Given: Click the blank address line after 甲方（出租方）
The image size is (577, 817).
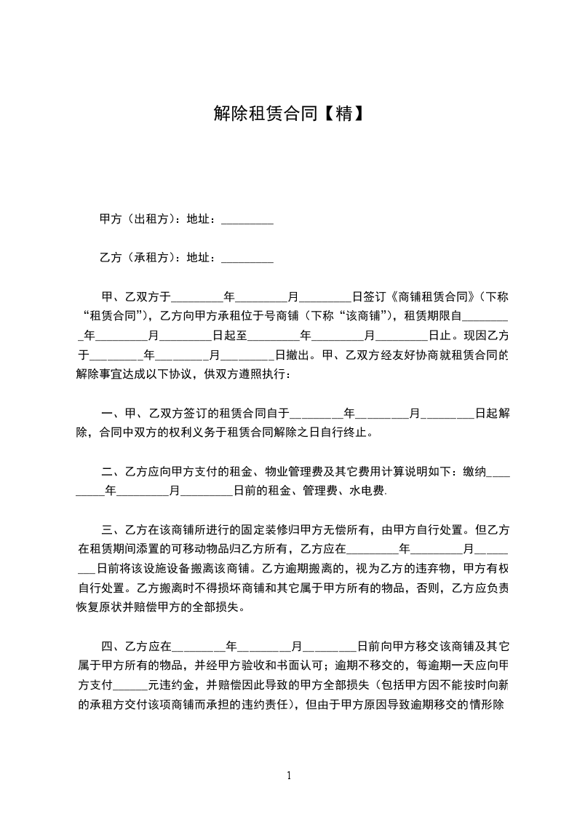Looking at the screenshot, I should point(247,219).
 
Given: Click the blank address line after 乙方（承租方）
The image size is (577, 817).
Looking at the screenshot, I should point(247,257).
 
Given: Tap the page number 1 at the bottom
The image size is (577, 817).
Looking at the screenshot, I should point(289,775).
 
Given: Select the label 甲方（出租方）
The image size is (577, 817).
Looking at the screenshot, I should point(134,219).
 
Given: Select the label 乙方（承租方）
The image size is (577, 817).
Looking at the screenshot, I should point(134,257).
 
